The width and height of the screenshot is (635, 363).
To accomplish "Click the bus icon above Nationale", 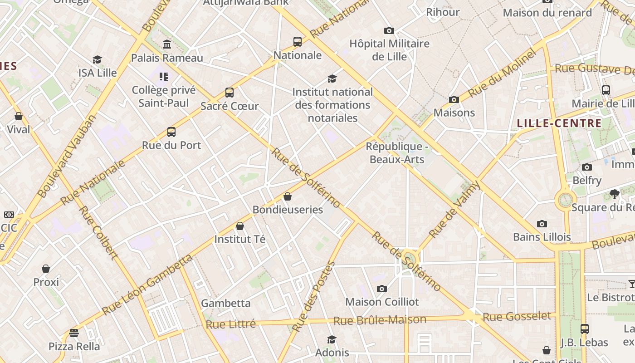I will (x=298, y=42).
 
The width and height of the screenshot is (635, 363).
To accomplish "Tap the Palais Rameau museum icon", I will (x=167, y=44).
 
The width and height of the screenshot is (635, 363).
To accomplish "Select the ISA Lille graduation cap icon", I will (x=97, y=60).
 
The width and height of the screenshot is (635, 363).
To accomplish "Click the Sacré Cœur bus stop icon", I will (x=230, y=93).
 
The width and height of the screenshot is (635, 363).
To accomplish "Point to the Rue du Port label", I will (x=171, y=145).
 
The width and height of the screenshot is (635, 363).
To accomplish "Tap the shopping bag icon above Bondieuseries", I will (x=287, y=196).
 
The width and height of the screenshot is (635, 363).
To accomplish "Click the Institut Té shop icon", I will (x=240, y=226).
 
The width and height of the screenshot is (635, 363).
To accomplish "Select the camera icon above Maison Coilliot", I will (x=382, y=289).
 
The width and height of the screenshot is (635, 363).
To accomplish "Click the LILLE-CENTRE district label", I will (x=559, y=123).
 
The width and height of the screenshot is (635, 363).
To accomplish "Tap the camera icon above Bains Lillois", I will (x=542, y=224).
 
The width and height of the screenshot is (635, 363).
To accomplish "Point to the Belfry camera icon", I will (x=587, y=167).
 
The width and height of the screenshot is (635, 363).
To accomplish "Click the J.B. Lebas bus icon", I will (x=585, y=329).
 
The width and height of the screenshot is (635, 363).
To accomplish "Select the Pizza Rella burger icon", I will (x=74, y=333).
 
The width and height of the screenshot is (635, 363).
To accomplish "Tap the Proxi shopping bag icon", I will (x=46, y=269).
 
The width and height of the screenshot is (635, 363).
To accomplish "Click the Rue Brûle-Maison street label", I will (x=380, y=320).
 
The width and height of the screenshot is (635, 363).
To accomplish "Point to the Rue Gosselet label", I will (x=517, y=316).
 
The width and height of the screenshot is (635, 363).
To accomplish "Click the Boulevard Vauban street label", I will (x=67, y=157).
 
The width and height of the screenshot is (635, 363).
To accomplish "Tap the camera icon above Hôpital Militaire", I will (x=389, y=31).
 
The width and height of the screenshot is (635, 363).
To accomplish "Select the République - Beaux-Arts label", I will (x=397, y=153).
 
